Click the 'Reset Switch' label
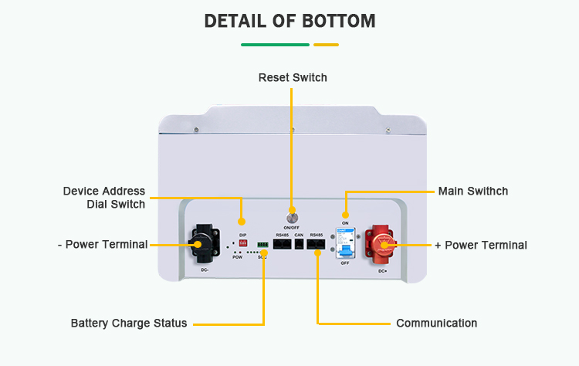click(293, 78)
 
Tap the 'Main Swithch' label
click(473, 191)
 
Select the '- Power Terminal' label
click(103, 245)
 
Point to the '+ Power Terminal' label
click(481, 245)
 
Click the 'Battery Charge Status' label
click(129, 324)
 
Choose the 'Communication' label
click(436, 324)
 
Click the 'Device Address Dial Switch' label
click(104, 198)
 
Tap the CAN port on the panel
click(299, 244)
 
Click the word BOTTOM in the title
click(334, 21)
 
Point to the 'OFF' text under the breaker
click(345, 263)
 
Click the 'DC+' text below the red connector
click(382, 271)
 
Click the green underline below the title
click(276, 45)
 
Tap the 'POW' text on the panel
click(238, 256)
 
